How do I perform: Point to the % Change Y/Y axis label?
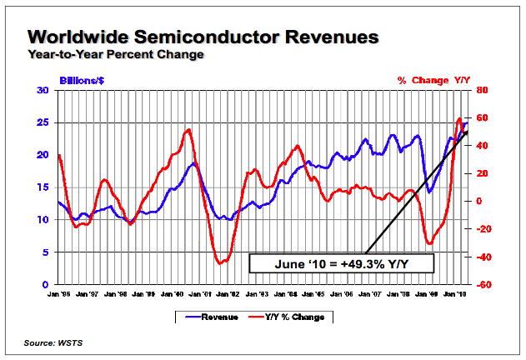coord(433,81)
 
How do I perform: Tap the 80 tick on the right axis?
coord(482,90)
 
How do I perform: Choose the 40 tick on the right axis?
coord(482,146)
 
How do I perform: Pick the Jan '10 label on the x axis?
coord(453,292)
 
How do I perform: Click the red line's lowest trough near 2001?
coord(221,263)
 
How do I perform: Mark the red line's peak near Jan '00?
coord(189,129)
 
